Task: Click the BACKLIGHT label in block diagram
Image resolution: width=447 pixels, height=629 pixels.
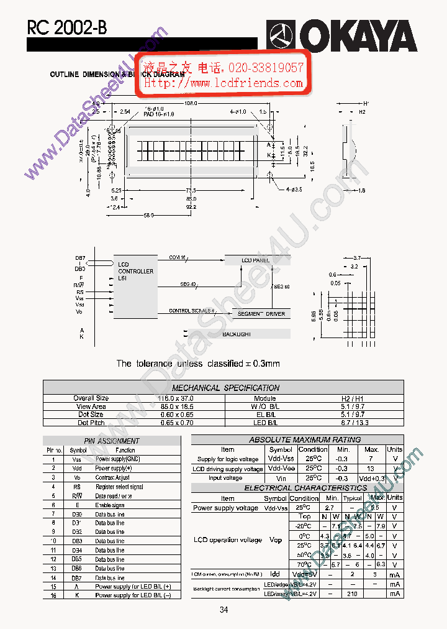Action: (237, 334)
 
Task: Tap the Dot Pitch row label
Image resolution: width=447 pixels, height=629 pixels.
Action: (91, 423)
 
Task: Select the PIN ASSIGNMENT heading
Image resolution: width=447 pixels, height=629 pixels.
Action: (112, 441)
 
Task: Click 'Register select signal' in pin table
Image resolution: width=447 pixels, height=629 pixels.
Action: (119, 487)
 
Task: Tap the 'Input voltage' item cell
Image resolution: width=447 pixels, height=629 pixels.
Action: (225, 479)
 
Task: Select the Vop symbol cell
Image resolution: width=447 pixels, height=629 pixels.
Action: (276, 540)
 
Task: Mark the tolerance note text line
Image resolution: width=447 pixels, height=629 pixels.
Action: (198, 364)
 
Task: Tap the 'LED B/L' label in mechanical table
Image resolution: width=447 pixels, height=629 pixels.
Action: (265, 423)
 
